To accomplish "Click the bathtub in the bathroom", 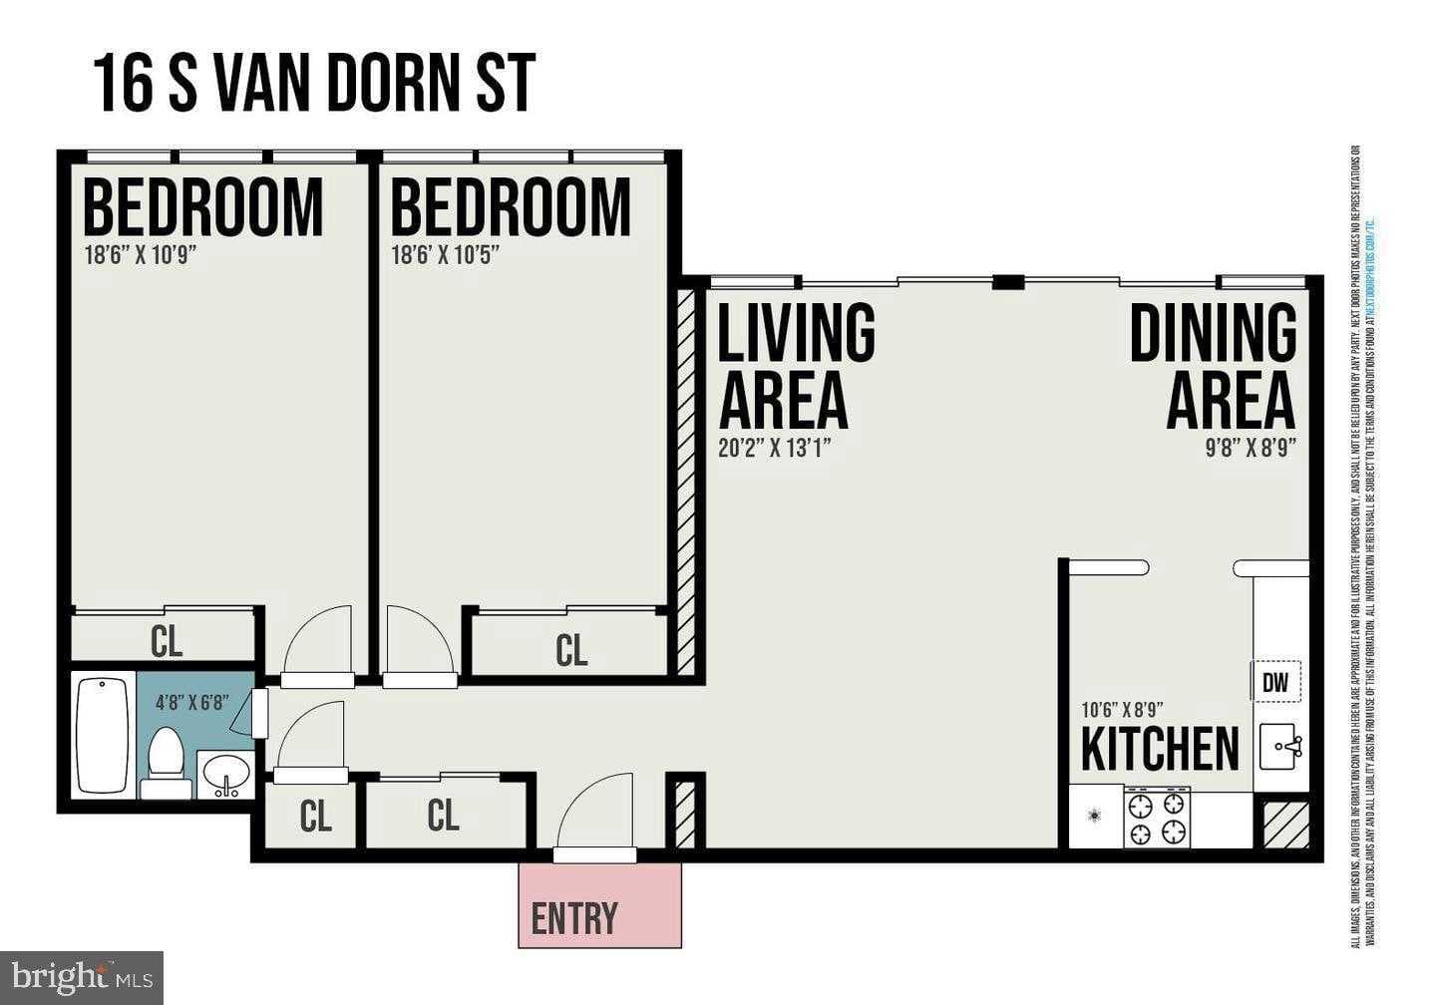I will pos(104,735).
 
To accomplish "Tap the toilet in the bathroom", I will pos(165,758).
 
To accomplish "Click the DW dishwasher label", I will pos(1275,683).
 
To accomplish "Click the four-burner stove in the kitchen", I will pos(1157,818).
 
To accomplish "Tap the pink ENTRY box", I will pos(600,905).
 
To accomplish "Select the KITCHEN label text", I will pos(1160,750).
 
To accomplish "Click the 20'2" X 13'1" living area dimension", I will pos(775,448).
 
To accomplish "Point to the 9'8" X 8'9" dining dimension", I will pos(1250,448).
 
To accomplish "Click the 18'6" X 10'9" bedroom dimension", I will pos(140,254).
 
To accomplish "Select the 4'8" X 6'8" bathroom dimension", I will pos(191,701).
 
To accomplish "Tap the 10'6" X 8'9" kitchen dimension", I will pos(1122,711).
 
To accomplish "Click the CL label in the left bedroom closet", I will pos(167,641).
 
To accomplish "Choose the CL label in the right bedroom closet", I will pos(570,650).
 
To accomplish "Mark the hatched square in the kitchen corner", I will pos(1280,824).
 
